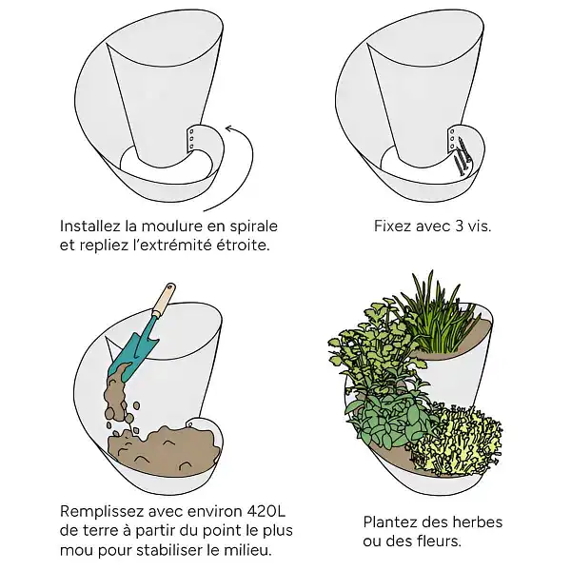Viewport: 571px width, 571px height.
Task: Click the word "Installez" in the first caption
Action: point(90,226)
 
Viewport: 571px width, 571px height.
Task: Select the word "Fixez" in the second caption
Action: point(394,226)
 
